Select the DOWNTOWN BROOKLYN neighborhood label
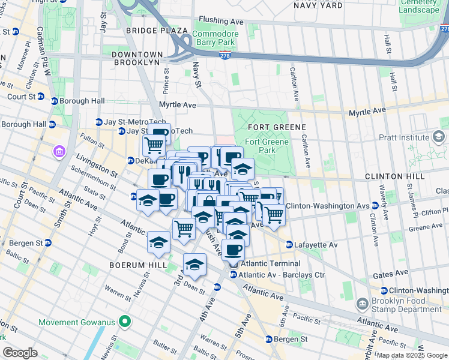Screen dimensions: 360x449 pos(136,58)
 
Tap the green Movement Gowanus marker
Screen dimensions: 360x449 pos(125,322)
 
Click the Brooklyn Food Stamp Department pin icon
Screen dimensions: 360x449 pos(362,304)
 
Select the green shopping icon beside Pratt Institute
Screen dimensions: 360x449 pos(439,137)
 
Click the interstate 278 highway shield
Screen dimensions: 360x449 pos(224,55)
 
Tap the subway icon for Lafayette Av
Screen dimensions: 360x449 pos(289,245)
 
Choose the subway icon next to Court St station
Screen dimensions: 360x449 pos(41,97)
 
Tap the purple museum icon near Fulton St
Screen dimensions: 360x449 pos(60,149)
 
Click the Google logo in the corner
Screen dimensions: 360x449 pos(20,352)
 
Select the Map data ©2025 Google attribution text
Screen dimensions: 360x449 pos(412,355)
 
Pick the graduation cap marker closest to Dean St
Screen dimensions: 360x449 pos(194,264)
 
